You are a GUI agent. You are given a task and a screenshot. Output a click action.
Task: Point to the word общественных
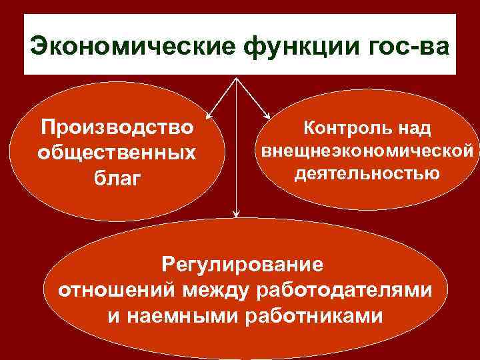point(117,152)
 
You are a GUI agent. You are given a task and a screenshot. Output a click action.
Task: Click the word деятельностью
point(367,174)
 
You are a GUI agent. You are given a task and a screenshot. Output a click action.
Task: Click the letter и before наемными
point(113,316)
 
